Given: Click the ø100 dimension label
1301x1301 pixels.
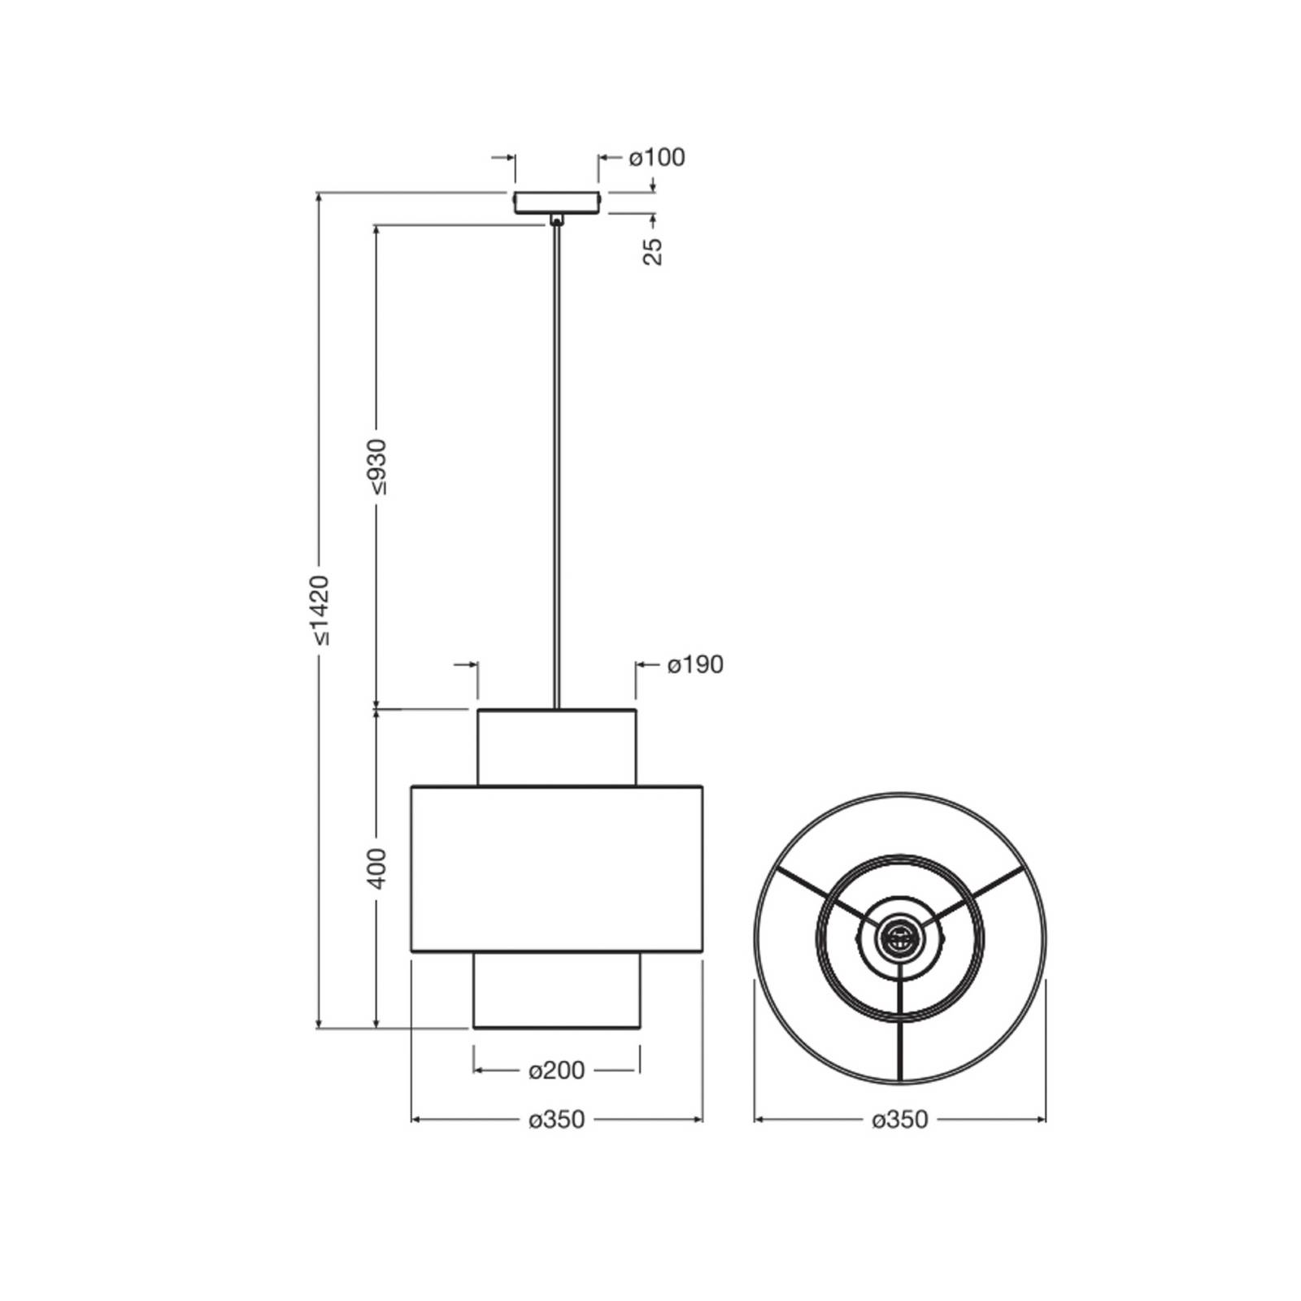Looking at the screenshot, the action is pyautogui.click(x=657, y=157).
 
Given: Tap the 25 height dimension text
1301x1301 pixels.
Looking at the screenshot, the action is pyautogui.click(x=653, y=251).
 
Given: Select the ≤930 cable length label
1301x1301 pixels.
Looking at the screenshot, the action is pyautogui.click(x=378, y=467).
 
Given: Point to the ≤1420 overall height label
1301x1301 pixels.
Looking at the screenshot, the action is pyautogui.click(x=320, y=610).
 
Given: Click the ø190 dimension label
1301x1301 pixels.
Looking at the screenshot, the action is pyautogui.click(x=695, y=665).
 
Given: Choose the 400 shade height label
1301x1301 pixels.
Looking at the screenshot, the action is pyautogui.click(x=378, y=868).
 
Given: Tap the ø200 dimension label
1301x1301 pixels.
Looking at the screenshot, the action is pyautogui.click(x=557, y=1071).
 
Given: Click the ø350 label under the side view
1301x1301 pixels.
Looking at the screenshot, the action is pyautogui.click(x=557, y=1120).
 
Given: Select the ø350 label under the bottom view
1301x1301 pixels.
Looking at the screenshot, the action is pyautogui.click(x=900, y=1120).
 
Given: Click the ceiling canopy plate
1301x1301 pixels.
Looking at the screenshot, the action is pyautogui.click(x=557, y=202).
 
